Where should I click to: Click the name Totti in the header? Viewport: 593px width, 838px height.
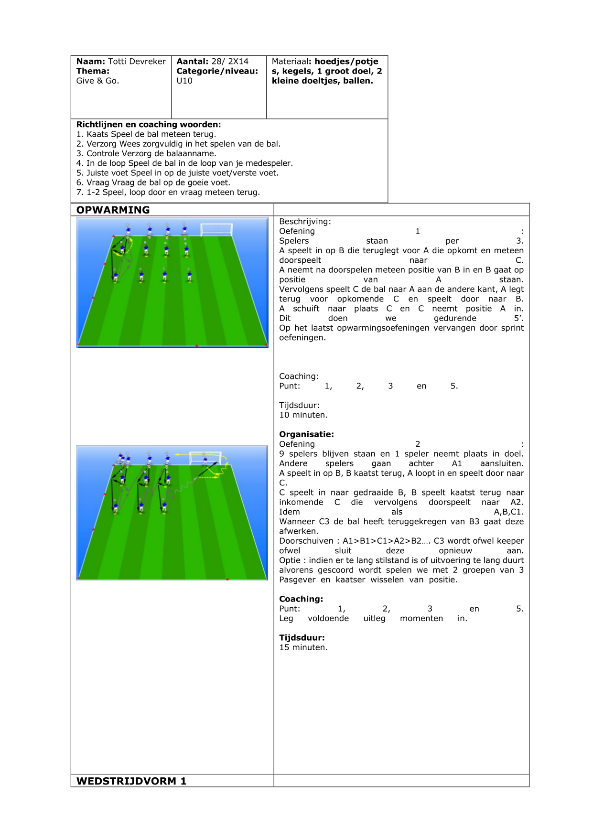[x=118, y=62]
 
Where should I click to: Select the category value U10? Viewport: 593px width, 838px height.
[x=184, y=81]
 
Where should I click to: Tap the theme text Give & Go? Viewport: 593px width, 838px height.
[x=97, y=81]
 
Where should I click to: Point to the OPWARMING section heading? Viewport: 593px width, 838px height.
[x=113, y=210]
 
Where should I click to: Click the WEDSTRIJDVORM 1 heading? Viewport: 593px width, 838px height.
[x=131, y=781]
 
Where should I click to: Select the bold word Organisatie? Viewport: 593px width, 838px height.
[x=307, y=434]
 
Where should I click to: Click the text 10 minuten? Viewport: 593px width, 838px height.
[x=303, y=415]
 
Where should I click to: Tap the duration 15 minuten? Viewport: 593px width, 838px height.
[x=303, y=647]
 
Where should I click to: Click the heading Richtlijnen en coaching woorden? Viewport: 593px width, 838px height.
[x=149, y=124]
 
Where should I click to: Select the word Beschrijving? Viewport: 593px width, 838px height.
[x=305, y=222]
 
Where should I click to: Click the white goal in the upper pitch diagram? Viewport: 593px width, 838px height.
[x=216, y=229]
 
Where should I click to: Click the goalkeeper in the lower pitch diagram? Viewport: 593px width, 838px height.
[x=205, y=461]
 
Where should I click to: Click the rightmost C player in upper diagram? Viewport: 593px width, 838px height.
[x=190, y=276]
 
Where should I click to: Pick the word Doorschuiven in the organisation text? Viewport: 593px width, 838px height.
[x=306, y=541]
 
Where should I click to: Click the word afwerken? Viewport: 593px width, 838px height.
[x=298, y=531]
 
